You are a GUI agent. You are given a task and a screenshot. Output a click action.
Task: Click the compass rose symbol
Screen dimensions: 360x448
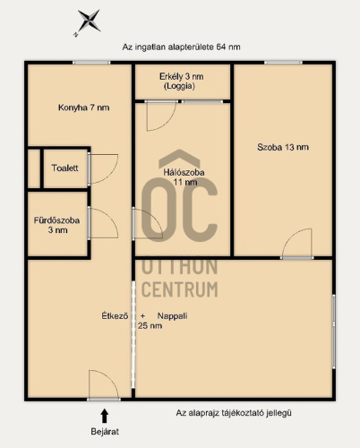[89, 21]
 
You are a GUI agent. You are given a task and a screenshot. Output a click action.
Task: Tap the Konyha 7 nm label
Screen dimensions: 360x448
[84, 108]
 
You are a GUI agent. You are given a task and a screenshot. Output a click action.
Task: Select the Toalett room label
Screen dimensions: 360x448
[64, 168]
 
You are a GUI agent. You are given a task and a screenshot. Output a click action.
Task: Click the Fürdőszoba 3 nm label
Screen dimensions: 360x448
[56, 225]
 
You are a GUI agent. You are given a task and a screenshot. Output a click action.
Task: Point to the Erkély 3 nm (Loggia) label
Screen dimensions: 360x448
[181, 82]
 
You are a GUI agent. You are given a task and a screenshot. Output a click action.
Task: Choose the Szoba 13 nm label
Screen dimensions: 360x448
[283, 147]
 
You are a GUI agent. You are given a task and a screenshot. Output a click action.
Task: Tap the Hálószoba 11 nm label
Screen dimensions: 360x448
[184, 177]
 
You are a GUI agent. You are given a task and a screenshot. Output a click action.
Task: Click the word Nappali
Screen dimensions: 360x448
[172, 316]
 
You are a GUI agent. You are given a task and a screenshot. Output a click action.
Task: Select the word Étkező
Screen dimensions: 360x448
[115, 316]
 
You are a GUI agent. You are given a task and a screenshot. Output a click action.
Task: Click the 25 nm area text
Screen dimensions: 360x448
[150, 325]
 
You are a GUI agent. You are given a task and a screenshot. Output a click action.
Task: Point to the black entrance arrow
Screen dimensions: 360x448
[104, 416]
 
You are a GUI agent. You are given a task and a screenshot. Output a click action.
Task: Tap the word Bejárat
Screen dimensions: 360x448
[105, 432]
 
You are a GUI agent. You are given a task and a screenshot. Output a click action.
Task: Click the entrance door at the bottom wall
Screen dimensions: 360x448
[104, 399]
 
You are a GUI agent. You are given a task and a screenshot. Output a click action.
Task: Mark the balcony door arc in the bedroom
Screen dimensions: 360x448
[168, 122]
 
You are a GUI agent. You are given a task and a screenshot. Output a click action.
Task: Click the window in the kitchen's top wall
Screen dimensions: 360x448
[91, 63]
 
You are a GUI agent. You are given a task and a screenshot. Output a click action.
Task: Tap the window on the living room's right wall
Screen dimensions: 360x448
[334, 332]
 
